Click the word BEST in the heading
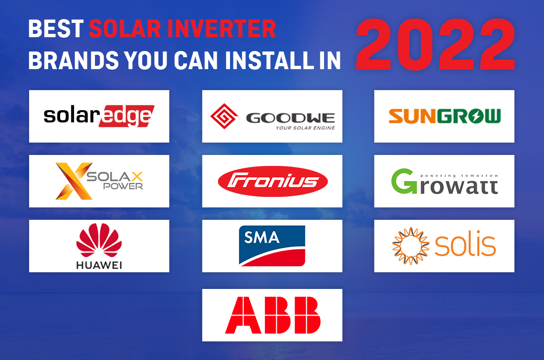(x=55, y=29)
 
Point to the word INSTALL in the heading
(x=269, y=61)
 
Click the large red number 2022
(x=436, y=45)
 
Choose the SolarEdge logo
(x=99, y=116)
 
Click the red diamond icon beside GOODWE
(x=224, y=116)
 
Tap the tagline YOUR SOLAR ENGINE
(x=305, y=128)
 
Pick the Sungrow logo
(x=444, y=116)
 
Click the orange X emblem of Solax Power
(x=74, y=181)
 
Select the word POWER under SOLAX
(x=123, y=186)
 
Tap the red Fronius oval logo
(x=272, y=181)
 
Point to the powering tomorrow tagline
(x=459, y=176)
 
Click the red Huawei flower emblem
(x=99, y=240)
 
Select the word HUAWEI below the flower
(x=99, y=265)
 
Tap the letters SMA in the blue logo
(x=262, y=237)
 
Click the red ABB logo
(x=272, y=315)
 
